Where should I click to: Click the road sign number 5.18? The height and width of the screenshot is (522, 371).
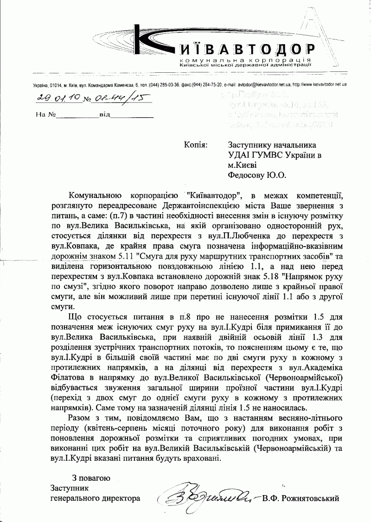270,266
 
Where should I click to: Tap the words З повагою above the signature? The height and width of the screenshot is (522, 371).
91,478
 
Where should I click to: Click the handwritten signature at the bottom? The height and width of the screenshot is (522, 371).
206,499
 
